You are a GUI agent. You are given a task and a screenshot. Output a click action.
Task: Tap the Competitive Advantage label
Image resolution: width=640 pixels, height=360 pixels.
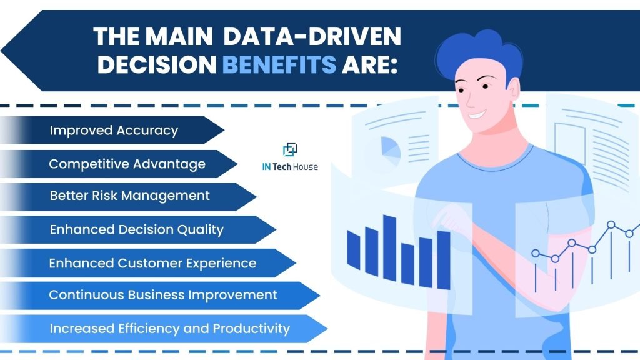(127, 164)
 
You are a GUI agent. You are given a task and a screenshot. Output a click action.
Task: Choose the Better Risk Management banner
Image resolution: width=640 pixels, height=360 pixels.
(129, 196)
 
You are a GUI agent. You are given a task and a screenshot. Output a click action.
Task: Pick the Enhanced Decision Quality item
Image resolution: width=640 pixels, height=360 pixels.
(136, 229)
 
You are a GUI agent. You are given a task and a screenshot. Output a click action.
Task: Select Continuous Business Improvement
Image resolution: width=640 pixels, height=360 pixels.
(162, 294)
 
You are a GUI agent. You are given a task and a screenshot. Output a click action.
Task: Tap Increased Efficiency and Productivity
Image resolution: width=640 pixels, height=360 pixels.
(169, 328)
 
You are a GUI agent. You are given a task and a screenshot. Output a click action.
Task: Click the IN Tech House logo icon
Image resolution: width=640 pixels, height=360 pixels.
(290, 149)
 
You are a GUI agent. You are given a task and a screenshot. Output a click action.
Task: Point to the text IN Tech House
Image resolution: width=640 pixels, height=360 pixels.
(289, 167)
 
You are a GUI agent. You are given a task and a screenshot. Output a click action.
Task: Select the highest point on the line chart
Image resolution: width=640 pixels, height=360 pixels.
(611, 224)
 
